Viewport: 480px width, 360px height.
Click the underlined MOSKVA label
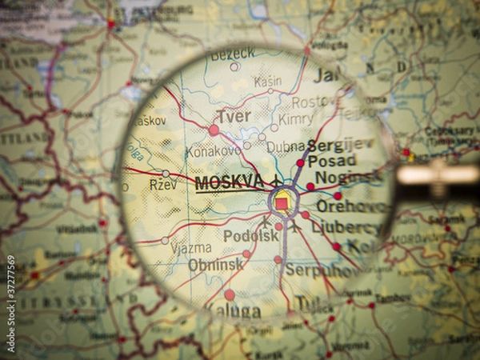pyautogui.click(x=229, y=182)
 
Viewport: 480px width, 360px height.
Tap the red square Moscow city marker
pyautogui.click(x=282, y=203)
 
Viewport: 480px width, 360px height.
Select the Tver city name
pyautogui.click(x=234, y=116)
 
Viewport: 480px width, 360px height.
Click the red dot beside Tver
pyautogui.click(x=214, y=130)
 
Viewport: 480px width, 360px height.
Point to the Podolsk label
pyautogui.click(x=251, y=236)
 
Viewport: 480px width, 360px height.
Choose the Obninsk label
pyautogui.click(x=215, y=265)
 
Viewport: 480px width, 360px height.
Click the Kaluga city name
pyautogui.click(x=234, y=310)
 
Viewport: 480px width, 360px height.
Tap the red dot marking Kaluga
pyautogui.click(x=230, y=294)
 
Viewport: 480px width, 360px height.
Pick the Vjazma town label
pyautogui.click(x=191, y=248)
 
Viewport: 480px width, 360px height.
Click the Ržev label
pyautogui.click(x=163, y=185)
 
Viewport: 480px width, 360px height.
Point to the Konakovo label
pyautogui.click(x=214, y=150)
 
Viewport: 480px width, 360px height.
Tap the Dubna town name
pyautogui.click(x=286, y=147)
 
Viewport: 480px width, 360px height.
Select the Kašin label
pyautogui.click(x=267, y=82)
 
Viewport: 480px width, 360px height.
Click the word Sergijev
pyautogui.click(x=341, y=144)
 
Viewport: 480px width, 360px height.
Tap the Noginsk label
pyautogui.click(x=347, y=178)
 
